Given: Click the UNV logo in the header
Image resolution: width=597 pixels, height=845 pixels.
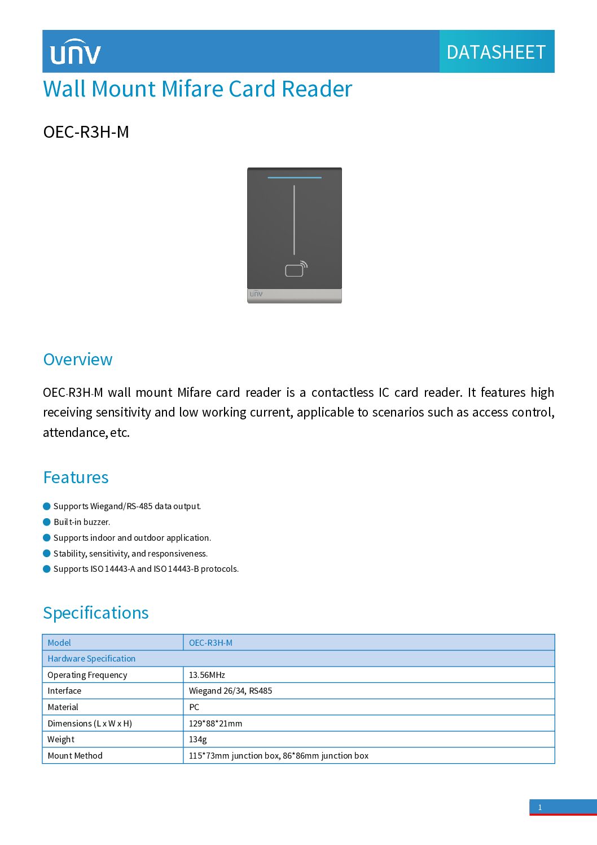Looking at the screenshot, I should click(x=75, y=52).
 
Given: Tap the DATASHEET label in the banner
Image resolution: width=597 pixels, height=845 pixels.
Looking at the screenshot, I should click(x=496, y=52).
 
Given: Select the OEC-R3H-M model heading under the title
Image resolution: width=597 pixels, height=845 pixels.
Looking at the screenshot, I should click(x=86, y=132).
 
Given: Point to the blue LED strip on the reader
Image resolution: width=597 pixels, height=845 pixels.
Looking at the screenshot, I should click(x=294, y=178).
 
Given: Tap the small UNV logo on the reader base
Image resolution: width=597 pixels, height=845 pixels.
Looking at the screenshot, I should click(x=256, y=294).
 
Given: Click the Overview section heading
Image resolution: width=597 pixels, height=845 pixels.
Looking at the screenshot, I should click(x=78, y=360).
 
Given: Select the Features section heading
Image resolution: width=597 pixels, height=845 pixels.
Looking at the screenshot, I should click(x=76, y=478).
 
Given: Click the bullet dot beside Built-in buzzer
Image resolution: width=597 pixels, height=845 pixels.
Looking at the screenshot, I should click(x=47, y=522).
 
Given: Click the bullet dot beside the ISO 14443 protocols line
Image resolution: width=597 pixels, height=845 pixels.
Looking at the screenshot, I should click(x=47, y=569).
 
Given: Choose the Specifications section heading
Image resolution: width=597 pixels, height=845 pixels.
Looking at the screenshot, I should click(x=96, y=613).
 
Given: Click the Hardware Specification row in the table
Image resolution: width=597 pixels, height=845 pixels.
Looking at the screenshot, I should click(x=91, y=659).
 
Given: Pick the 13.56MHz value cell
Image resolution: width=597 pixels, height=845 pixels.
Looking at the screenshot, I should click(x=207, y=675).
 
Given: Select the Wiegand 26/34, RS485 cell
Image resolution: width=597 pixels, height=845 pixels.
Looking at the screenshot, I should click(x=230, y=691).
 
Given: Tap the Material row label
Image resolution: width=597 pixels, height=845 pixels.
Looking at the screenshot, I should click(x=63, y=707).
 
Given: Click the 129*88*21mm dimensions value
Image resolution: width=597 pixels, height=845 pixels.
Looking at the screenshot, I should click(x=216, y=724).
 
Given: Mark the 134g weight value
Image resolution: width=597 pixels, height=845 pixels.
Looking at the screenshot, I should click(x=198, y=739).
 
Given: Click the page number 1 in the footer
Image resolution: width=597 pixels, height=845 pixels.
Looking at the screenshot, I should click(x=540, y=807).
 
